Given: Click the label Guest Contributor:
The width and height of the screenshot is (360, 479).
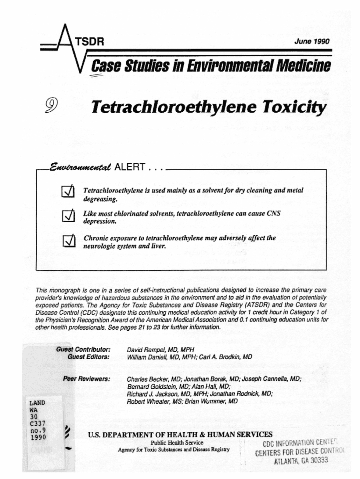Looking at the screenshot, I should click(x=83, y=349).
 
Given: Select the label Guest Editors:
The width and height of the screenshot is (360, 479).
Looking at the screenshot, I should click(x=89, y=357).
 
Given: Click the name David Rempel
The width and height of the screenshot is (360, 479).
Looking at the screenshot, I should click(x=147, y=349).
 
